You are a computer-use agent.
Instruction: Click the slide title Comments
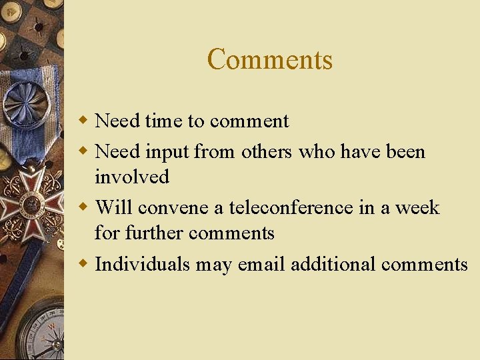point(269,59)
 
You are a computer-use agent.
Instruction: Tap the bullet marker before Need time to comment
point(83,121)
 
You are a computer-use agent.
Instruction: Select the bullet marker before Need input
point(83,151)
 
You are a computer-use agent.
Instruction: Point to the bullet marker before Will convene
point(83,207)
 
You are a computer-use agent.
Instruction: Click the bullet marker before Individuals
point(83,264)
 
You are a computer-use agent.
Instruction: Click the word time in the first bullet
point(163,121)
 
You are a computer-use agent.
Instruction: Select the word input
point(167,152)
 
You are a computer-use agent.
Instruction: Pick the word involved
point(132,177)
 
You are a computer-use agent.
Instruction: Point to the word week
point(417,207)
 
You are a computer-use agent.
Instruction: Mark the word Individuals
point(143,264)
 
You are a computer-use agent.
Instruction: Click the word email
point(261,264)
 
